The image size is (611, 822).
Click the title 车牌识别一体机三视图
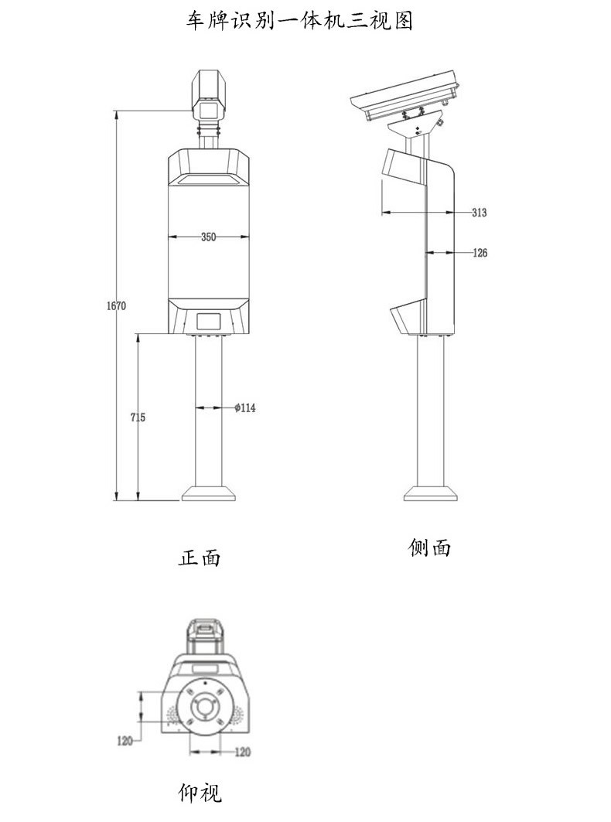pyautogui.click(x=299, y=21)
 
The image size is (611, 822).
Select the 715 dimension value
pyautogui.click(x=138, y=418)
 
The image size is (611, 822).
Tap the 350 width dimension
pyautogui.click(x=208, y=237)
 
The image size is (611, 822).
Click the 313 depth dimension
pyautogui.click(x=479, y=213)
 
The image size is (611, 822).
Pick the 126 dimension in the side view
pyautogui.click(x=480, y=253)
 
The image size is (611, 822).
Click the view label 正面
pyautogui.click(x=200, y=558)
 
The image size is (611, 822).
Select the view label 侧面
pyautogui.click(x=429, y=548)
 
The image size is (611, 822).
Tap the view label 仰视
pyautogui.click(x=200, y=793)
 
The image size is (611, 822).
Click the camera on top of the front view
pyautogui.click(x=208, y=94)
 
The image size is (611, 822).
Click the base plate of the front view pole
pyautogui.click(x=208, y=493)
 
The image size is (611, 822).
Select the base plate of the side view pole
pyautogui.click(x=430, y=493)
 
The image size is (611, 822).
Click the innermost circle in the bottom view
pyautogui.click(x=205, y=707)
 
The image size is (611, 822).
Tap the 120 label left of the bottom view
pyautogui.click(x=125, y=741)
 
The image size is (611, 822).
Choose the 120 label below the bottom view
pyautogui.click(x=242, y=752)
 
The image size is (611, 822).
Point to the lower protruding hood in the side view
pyautogui.click(x=406, y=317)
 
